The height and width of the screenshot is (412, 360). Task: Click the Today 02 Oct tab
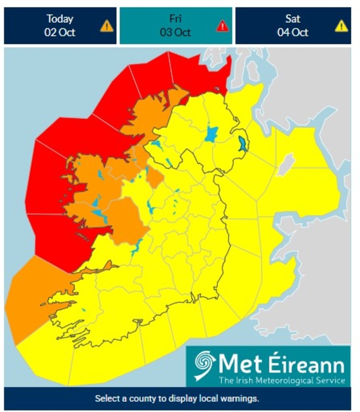[x=60, y=25]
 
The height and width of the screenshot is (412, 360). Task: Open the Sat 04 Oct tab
[x=292, y=25]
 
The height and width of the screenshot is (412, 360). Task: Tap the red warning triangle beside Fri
[x=222, y=26]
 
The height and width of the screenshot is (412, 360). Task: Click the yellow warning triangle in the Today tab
[x=106, y=25]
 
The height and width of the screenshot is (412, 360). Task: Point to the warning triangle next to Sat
[x=341, y=26]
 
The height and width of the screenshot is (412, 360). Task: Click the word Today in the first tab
[x=60, y=19]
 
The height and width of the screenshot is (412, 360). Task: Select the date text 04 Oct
[x=293, y=32]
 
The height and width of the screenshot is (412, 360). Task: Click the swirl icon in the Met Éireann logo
[x=205, y=365]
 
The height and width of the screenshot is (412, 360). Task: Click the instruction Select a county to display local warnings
[x=177, y=399]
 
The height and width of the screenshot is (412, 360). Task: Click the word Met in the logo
[x=238, y=364]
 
